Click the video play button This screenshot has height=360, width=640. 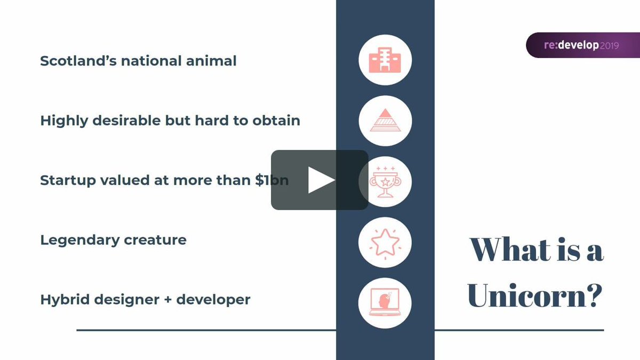[x=319, y=180]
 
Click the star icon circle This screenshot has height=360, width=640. [x=385, y=242]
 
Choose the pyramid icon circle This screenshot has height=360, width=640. [x=385, y=121]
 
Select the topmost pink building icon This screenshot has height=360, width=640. [x=385, y=60]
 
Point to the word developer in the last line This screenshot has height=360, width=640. [x=213, y=300]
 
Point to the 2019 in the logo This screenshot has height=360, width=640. [x=609, y=46]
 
